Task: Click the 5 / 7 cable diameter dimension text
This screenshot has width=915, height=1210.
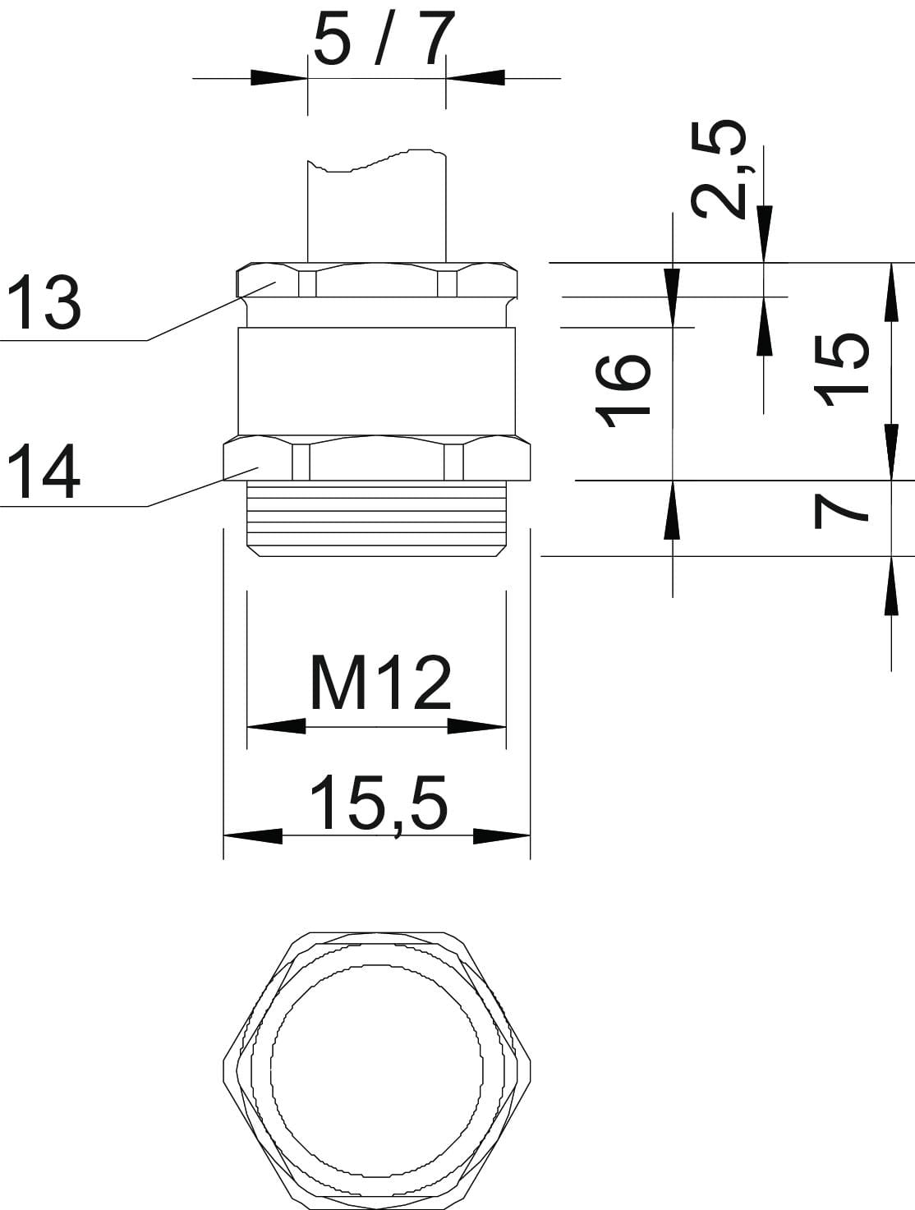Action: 384,37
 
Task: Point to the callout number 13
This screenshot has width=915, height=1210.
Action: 44,302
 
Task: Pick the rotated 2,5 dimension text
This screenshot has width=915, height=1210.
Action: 720,170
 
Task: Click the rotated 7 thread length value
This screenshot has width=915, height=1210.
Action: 841,512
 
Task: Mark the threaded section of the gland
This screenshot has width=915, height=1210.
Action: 376,518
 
